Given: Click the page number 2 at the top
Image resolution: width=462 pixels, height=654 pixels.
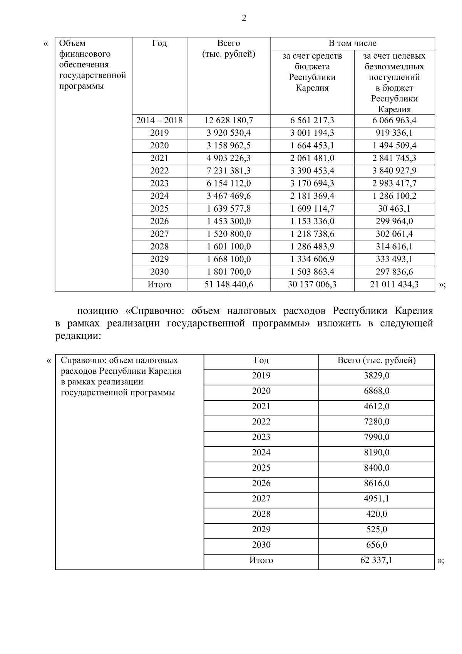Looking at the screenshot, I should [244, 18].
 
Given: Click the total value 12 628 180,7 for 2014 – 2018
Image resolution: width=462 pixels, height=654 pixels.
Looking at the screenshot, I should [229, 121].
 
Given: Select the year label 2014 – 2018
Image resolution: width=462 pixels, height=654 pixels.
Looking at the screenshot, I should [159, 121].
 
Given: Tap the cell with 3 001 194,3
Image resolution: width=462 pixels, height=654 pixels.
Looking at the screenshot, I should [312, 133].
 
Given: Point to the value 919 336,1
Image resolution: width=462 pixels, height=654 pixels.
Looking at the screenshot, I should [394, 133].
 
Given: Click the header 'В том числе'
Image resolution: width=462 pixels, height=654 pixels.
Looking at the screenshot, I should [352, 44].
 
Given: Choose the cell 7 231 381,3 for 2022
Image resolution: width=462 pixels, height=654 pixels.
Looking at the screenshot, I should [229, 171].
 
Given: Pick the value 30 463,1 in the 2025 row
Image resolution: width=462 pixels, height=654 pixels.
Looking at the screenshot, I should [394, 209].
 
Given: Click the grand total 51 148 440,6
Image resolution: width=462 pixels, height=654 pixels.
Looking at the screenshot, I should [229, 285].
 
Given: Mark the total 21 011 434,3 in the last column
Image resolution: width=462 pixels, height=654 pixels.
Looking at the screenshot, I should [394, 285].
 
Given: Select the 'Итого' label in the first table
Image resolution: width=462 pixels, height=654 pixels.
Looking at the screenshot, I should [159, 285].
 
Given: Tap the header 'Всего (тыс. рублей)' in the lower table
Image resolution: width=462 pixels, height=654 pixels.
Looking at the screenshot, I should [377, 361].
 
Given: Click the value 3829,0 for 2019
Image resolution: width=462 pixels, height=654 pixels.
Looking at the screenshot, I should [377, 376].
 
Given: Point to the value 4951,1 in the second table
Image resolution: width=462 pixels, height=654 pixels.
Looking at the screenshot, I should [377, 499].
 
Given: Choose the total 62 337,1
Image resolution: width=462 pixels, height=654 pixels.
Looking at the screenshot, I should [377, 560].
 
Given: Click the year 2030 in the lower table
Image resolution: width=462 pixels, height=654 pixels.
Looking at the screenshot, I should [261, 545].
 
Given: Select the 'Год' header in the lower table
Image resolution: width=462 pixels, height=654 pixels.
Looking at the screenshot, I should [261, 361].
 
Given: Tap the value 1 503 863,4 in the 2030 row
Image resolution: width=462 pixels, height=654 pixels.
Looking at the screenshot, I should [312, 272].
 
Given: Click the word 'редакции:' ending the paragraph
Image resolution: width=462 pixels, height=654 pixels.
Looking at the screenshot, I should [78, 336].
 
